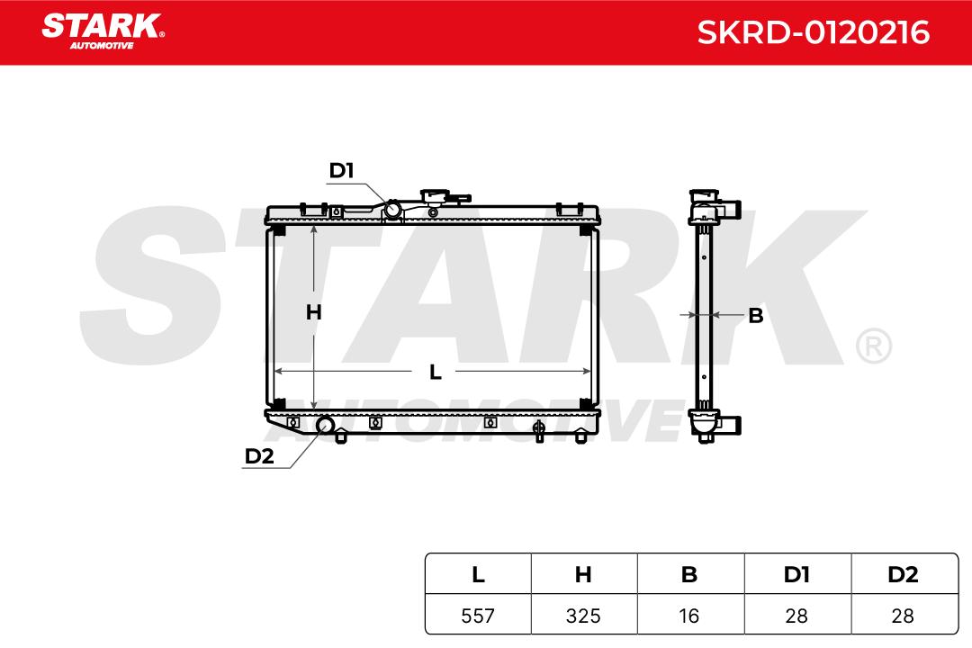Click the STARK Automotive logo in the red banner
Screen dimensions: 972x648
click(x=103, y=31)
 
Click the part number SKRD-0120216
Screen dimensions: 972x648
click(x=813, y=32)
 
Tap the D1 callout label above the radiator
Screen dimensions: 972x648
click(x=341, y=170)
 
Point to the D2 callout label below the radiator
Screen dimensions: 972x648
click(x=259, y=455)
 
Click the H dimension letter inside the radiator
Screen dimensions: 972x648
click(x=314, y=312)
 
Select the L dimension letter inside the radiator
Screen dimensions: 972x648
click(x=436, y=372)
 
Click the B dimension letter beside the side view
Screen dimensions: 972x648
click(x=756, y=316)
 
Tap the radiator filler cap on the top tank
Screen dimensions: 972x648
click(x=440, y=197)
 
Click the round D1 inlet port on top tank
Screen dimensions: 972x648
click(x=392, y=210)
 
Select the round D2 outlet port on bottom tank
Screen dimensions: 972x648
click(x=326, y=426)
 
